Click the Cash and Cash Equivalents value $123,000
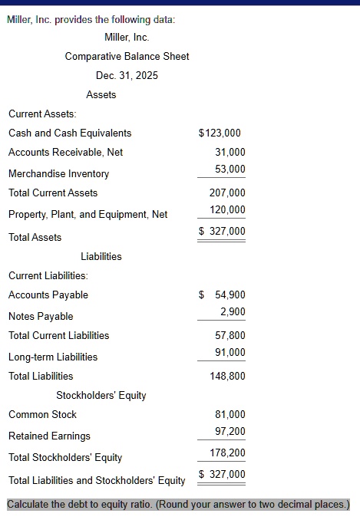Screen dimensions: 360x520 220,133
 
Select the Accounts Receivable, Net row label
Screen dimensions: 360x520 65,153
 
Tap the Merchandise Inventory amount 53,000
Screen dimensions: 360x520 230,169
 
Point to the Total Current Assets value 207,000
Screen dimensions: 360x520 227,193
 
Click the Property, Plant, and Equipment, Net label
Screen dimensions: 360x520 88,215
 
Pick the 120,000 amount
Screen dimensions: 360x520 227,210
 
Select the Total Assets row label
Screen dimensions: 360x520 35,238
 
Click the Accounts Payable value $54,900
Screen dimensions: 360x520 222,295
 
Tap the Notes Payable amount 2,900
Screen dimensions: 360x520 233,311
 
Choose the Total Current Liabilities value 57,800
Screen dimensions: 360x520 230,336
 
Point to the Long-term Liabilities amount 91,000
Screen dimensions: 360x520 230,353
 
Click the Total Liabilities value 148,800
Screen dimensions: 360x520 227,377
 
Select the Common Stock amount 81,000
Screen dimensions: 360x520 230,415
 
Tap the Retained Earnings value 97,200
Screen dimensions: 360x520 230,431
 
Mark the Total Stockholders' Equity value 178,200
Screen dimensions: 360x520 227,453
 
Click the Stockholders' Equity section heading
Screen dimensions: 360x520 101,396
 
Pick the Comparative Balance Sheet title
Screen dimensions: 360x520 127,57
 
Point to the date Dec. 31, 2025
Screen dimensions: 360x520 127,76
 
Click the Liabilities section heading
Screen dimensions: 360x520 101,257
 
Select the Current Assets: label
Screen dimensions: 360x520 42,114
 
